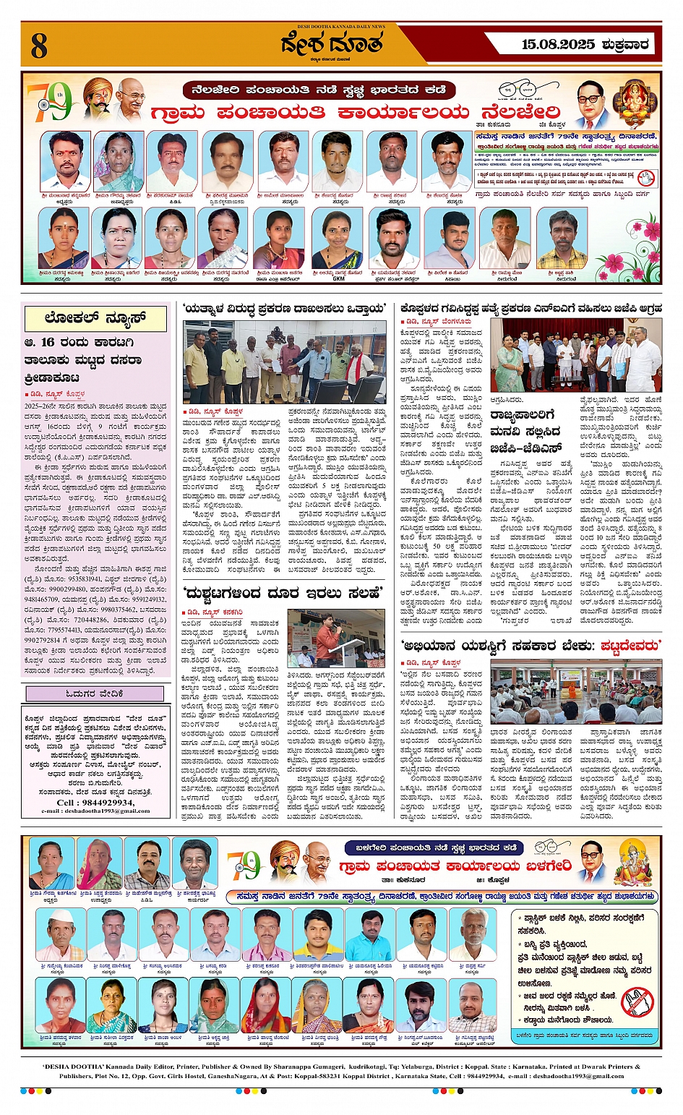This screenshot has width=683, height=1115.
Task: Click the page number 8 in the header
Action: [38, 46]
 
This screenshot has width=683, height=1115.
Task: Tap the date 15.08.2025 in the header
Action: [559, 45]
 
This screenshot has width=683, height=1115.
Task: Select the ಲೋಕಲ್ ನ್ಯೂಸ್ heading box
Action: [95, 318]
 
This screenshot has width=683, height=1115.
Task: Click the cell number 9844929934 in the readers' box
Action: [95, 802]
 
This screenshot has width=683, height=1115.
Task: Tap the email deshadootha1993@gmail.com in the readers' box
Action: [95, 811]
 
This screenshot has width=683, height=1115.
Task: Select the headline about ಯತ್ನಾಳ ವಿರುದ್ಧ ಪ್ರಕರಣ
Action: [284, 309]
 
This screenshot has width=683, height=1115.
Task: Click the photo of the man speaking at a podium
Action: [335, 638]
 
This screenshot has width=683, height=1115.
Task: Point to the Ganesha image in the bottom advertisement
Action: [637, 862]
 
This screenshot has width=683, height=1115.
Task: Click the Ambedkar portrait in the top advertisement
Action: [594, 103]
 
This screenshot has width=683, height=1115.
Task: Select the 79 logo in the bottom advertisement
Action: [244, 864]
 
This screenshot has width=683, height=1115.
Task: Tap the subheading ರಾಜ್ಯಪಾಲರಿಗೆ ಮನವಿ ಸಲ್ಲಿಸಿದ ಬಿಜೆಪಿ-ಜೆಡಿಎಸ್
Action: [531, 432]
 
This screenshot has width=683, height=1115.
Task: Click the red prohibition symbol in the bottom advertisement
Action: [637, 1001]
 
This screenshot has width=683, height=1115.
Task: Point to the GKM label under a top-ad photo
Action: [338, 278]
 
